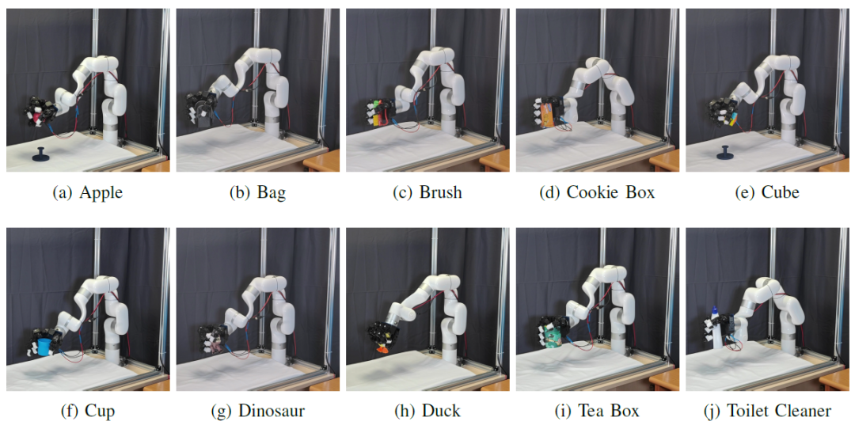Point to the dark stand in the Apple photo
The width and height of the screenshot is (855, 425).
click(x=40, y=154)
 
